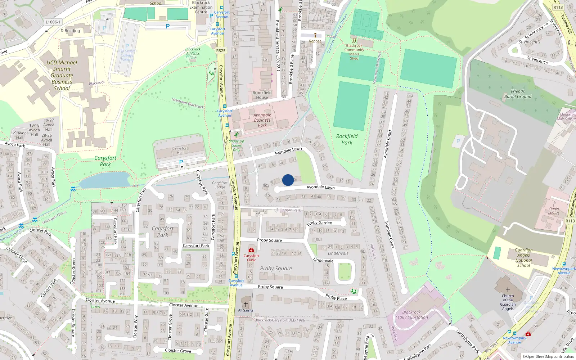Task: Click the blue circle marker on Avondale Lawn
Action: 288,180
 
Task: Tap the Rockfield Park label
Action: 347,139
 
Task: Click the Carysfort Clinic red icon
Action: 251,250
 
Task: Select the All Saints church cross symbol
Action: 246,305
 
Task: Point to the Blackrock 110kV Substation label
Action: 411,315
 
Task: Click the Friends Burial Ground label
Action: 518,94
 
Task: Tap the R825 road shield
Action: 221,51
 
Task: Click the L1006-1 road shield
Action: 53,22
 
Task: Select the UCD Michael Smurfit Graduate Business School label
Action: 62,75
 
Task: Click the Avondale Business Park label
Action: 262,120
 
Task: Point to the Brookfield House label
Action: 262,95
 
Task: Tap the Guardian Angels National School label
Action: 523,257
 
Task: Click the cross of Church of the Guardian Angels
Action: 508,289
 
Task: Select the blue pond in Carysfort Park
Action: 104,180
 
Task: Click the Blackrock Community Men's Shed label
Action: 354,52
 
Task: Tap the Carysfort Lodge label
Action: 220,185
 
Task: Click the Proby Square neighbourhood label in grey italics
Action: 276,269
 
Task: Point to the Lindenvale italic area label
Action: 338,253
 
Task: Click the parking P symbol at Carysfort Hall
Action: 181,162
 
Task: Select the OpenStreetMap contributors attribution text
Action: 548,356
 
